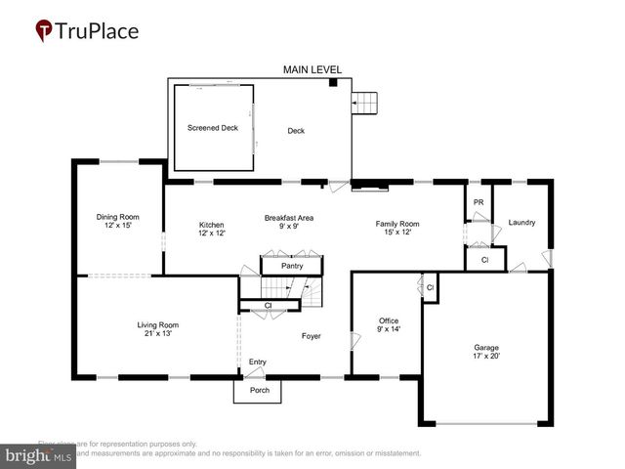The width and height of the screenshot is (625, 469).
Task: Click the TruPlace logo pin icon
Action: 44,31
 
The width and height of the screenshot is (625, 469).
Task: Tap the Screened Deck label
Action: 212,128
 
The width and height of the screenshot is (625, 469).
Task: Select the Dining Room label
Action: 117,217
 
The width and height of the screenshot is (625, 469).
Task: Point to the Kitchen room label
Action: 212,224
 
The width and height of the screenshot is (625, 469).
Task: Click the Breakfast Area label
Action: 288,217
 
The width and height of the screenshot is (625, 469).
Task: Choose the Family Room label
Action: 397,224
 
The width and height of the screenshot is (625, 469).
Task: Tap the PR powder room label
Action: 478,202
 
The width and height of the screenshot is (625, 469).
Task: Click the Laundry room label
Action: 521,223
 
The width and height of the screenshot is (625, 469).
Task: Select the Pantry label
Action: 292,266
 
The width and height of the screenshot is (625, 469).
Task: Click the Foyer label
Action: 311,336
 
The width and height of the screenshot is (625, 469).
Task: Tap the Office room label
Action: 389,320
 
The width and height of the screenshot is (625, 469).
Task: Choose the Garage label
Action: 485,348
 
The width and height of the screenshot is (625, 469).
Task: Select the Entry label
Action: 257,362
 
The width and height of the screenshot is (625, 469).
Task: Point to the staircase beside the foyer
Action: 289,289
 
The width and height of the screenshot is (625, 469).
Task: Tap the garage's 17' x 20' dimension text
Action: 485,356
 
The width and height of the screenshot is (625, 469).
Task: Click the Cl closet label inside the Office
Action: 430,286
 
